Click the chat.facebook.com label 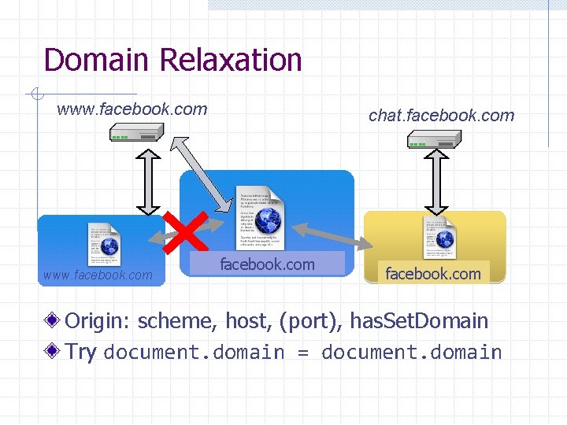pos(441,116)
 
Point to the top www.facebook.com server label pos(132,109)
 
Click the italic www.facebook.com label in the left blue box pos(98,275)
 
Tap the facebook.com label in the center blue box pos(267,264)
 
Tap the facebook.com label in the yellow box pos(432,274)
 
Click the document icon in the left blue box pos(104,243)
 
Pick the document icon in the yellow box pos(439,237)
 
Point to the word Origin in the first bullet pos(98,321)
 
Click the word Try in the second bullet pos(81,351)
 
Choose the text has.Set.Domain pos(419,321)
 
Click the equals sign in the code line pos(303,353)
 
